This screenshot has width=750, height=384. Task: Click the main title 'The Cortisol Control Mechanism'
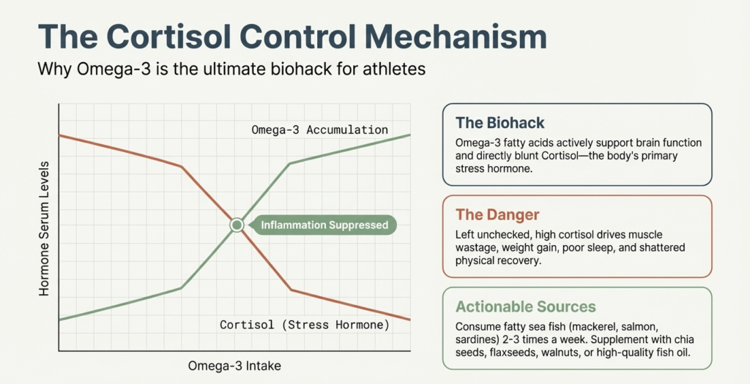tap(292, 37)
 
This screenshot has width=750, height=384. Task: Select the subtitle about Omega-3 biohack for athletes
tap(231, 71)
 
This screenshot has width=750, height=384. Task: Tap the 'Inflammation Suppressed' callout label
tap(324, 225)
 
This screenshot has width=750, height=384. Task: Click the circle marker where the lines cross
tap(237, 225)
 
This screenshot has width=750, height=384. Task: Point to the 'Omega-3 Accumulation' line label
tap(319, 130)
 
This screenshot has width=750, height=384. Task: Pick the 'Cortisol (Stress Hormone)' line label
tap(305, 324)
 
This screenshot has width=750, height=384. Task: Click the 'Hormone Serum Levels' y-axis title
tap(45, 227)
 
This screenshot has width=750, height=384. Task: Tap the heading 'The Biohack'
tap(500, 122)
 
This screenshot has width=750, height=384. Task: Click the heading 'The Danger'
tap(497, 214)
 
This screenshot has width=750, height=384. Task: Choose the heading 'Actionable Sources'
tap(525, 306)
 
